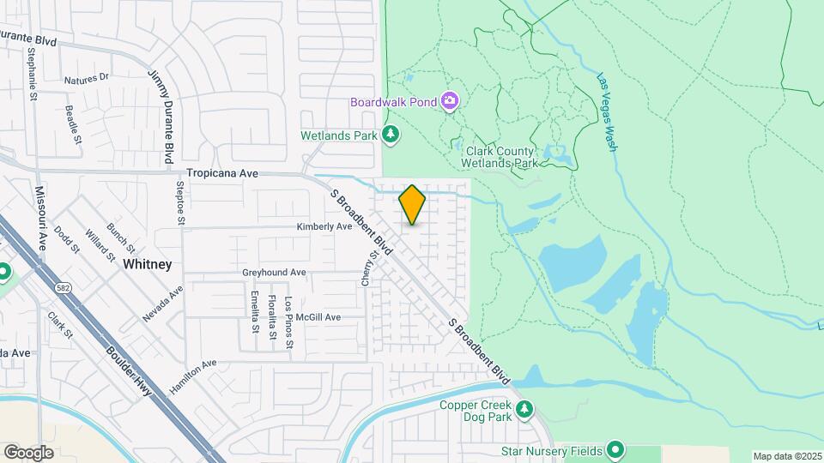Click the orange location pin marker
[x=412, y=205]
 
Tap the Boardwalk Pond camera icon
[x=449, y=102]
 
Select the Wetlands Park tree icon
[x=391, y=134]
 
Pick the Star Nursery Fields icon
[x=615, y=449]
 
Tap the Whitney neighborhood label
[x=147, y=264]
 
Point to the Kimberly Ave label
[x=324, y=227]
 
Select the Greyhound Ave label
[x=274, y=273]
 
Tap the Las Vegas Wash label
[x=607, y=112]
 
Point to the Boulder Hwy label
[x=129, y=370]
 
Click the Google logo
[x=28, y=452]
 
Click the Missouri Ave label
[x=39, y=213]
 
